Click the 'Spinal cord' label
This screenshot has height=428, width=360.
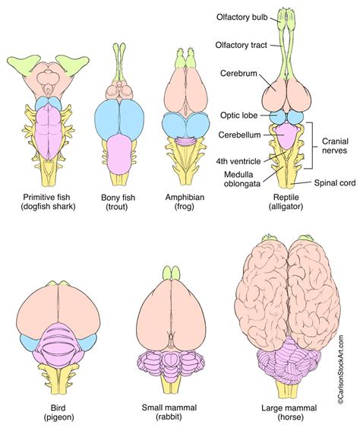[334, 183]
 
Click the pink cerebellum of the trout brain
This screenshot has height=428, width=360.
[119, 153]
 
